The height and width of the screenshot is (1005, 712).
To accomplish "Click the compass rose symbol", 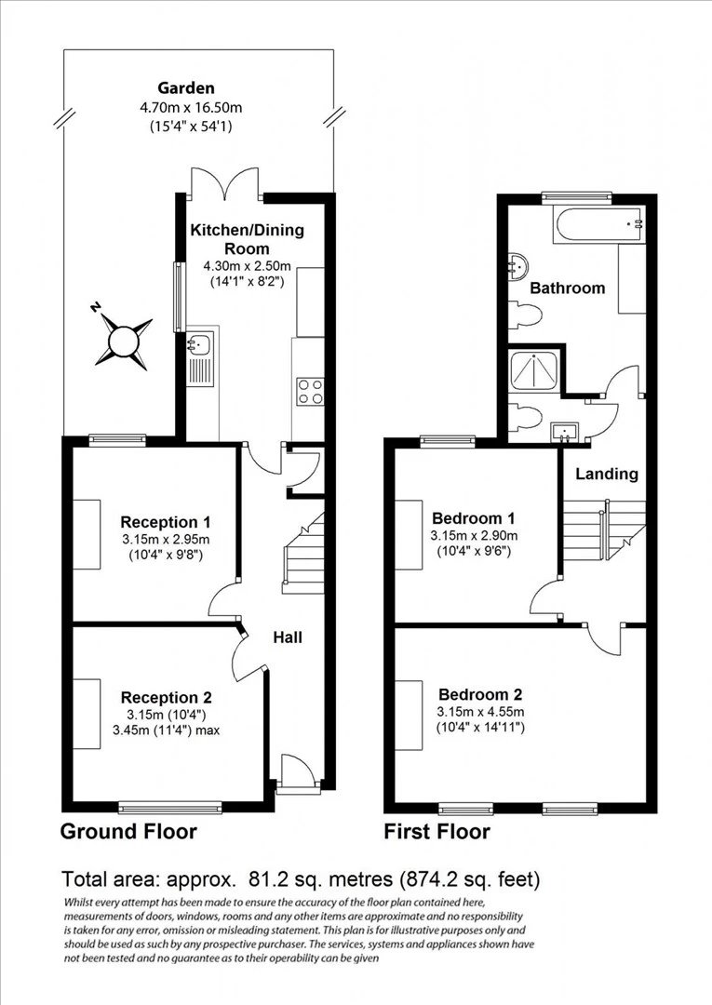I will click(123, 342).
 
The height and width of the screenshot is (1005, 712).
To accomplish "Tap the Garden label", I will click(185, 88).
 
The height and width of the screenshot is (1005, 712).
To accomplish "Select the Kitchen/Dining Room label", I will click(247, 239).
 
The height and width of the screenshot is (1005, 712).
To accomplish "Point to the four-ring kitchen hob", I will click(309, 391).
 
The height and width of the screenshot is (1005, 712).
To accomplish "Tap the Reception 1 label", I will click(159, 522).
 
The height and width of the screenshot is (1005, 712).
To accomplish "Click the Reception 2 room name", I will click(166, 697).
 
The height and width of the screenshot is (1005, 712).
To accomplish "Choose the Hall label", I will click(287, 637).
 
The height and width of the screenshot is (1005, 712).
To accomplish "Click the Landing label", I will click(607, 474).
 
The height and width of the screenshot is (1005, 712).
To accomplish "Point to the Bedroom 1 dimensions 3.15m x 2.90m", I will click(475, 536).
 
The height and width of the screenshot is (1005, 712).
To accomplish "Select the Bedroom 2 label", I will click(480, 694).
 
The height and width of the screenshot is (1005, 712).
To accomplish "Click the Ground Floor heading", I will click(128, 831).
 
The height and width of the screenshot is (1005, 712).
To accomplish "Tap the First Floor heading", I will click(437, 831).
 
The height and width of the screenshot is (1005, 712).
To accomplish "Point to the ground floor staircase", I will click(302, 554).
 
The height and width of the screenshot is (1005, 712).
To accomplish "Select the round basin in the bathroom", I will click(517, 267).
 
